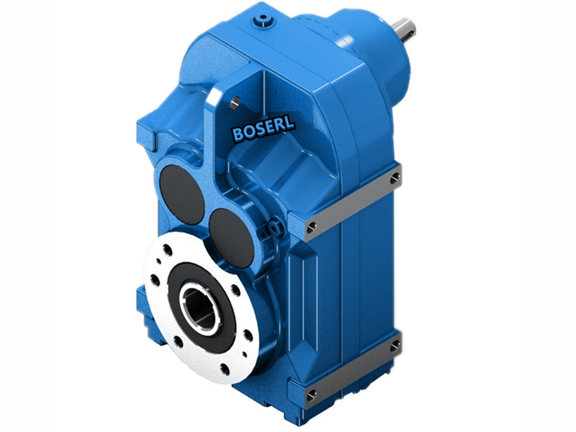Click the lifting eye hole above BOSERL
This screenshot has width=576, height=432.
pyautogui.click(x=235, y=102)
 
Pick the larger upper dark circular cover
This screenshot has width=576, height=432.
pyautogui.click(x=181, y=194)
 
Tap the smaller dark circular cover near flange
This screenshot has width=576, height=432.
pyautogui.click(x=232, y=235)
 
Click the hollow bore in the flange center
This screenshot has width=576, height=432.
pyautogui.click(x=199, y=307)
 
